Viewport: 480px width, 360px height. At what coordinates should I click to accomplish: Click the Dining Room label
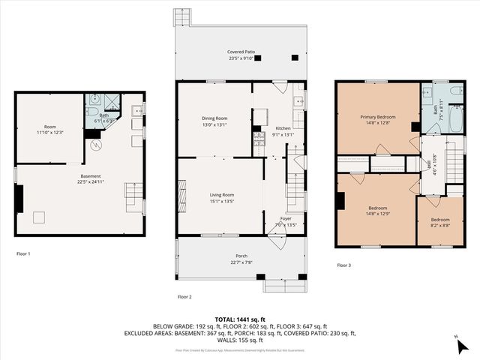[x=214, y=118]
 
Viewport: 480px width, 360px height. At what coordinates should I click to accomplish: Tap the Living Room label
[x=222, y=195]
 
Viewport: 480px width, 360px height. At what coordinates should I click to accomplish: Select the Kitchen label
[x=283, y=129]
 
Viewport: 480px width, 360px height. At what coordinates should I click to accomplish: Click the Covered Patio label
[x=241, y=52]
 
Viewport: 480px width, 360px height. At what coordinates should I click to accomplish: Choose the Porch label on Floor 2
[x=220, y=255]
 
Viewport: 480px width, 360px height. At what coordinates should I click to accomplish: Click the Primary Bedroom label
[x=377, y=117]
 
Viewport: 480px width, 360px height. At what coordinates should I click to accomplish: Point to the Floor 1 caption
[x=23, y=254]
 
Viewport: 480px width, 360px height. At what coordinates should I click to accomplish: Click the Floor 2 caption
[x=184, y=297]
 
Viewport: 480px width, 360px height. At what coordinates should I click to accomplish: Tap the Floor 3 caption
[x=343, y=265]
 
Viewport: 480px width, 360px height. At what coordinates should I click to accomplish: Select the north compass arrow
[x=457, y=344]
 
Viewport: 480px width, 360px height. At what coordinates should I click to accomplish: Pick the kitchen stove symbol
[x=259, y=138]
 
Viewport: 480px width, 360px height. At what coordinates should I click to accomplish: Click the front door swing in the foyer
[x=279, y=241]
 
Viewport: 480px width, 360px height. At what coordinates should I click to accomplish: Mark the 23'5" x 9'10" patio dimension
[x=241, y=58]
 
